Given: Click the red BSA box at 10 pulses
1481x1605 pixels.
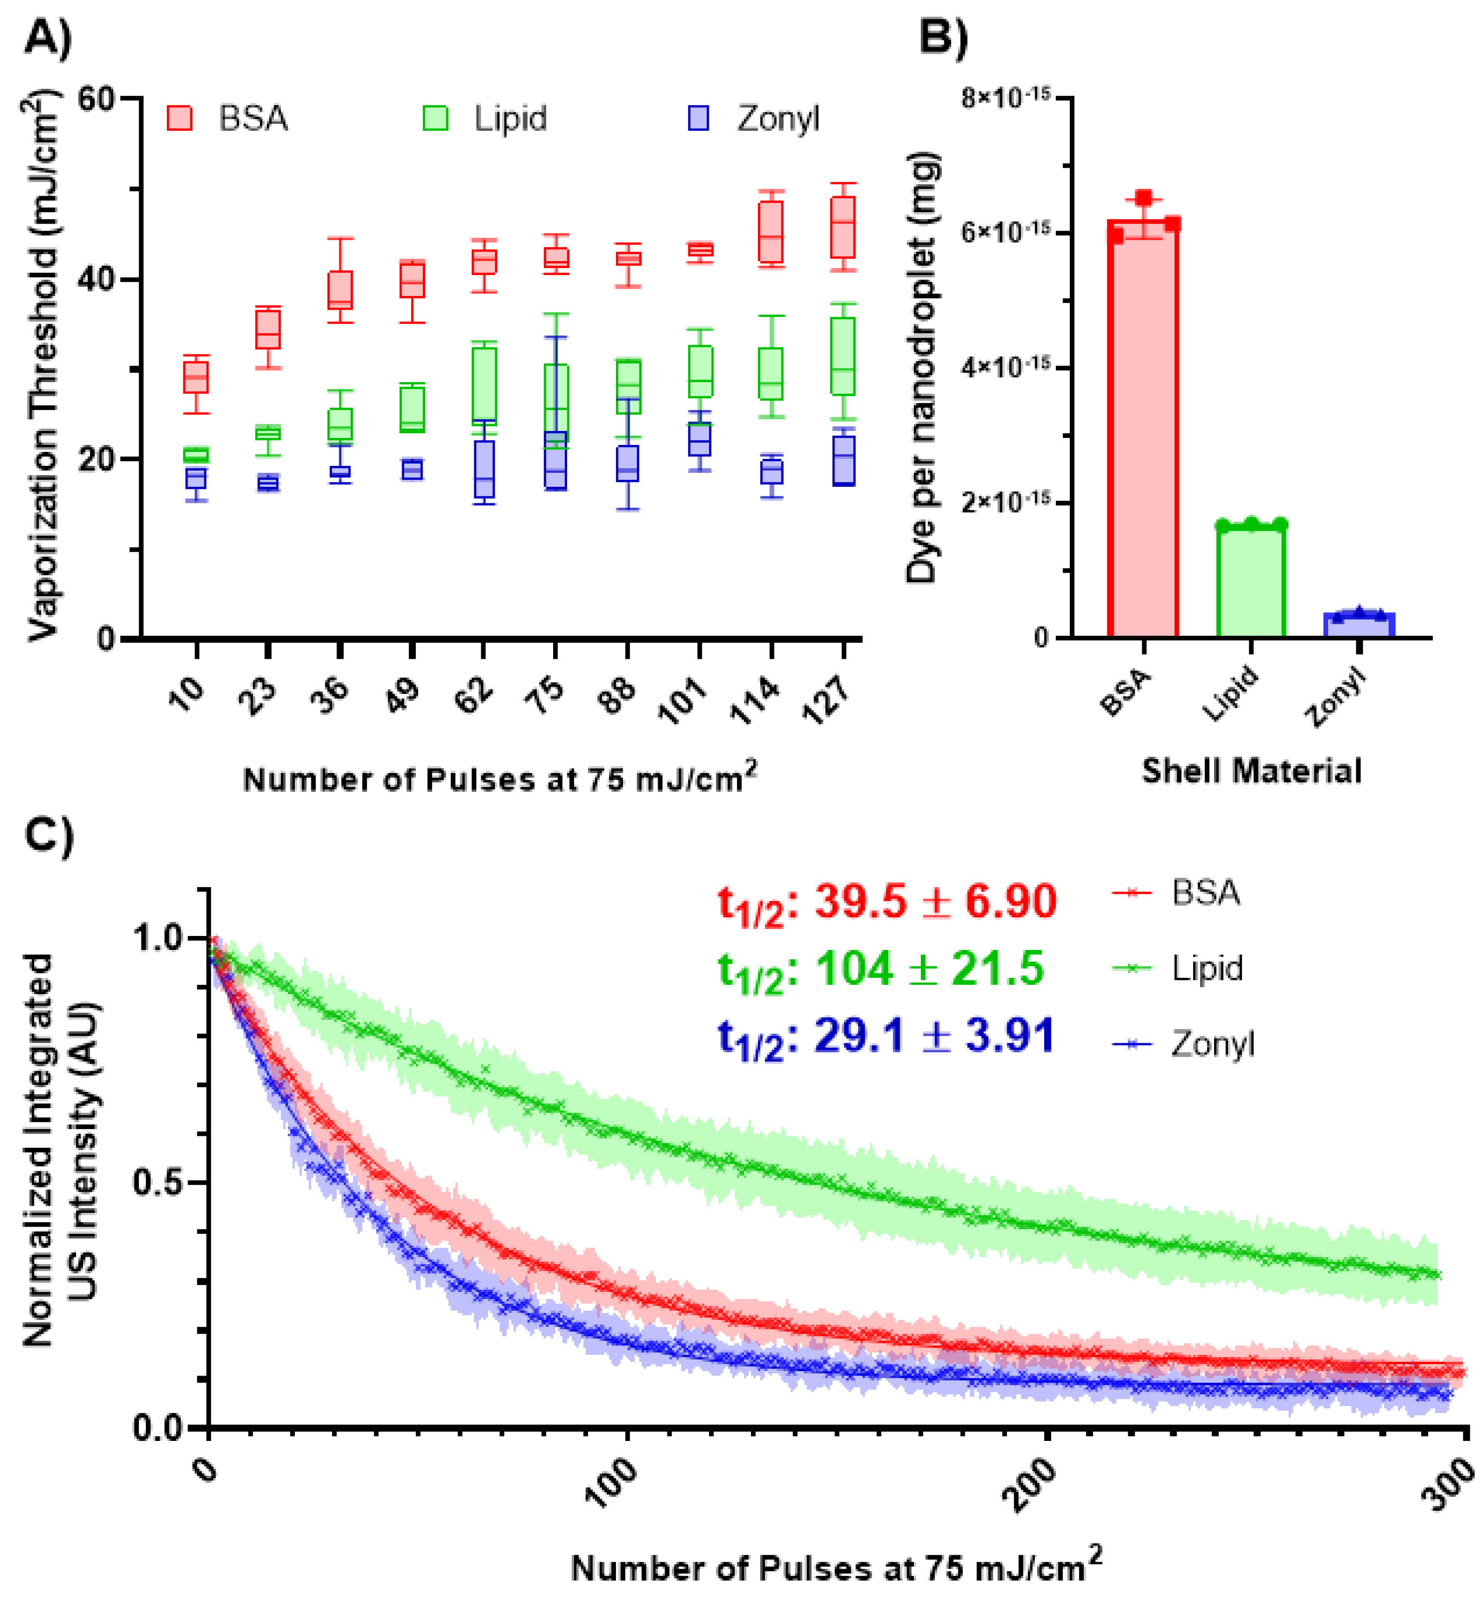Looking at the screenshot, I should [x=196, y=377].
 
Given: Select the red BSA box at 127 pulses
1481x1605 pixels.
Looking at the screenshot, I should [x=842, y=228].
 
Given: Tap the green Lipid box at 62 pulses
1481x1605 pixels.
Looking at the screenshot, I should [x=484, y=384].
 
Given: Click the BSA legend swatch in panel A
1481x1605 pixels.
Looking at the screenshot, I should [x=180, y=118].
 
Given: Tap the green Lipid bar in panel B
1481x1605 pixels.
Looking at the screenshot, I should [x=1251, y=581].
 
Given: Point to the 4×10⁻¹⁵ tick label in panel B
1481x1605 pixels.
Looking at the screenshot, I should [x=1006, y=368].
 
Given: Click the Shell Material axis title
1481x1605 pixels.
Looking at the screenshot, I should [x=1251, y=771].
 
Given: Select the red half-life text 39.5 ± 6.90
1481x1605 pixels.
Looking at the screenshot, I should [x=887, y=903].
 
